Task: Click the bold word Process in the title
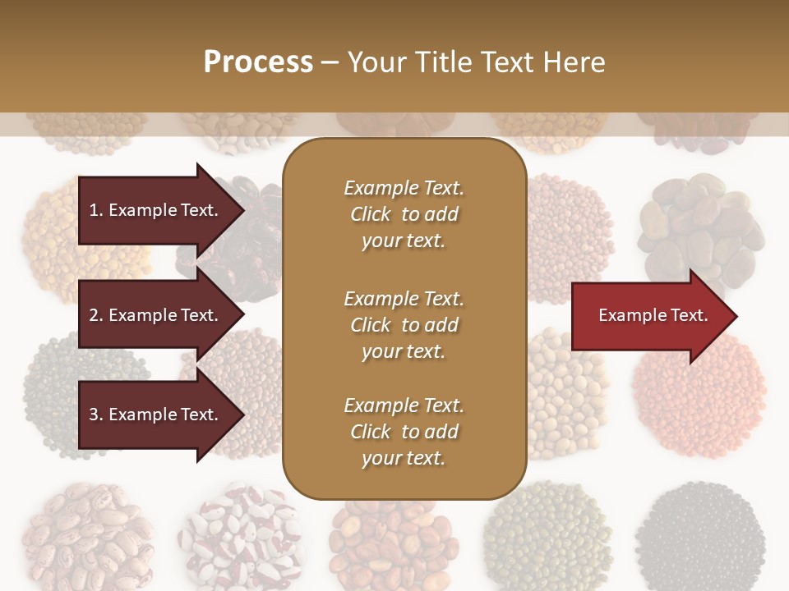[x=258, y=62]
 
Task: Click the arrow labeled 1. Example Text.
[x=156, y=210]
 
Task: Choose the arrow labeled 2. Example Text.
[x=156, y=315]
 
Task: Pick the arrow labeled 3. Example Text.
[x=156, y=415]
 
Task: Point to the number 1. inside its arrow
[x=96, y=210]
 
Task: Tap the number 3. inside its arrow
[x=96, y=415]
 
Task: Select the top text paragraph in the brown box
[x=404, y=214]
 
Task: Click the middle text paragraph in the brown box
[x=404, y=325]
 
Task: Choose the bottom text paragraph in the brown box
[x=404, y=432]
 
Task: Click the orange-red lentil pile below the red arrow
[x=699, y=394]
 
